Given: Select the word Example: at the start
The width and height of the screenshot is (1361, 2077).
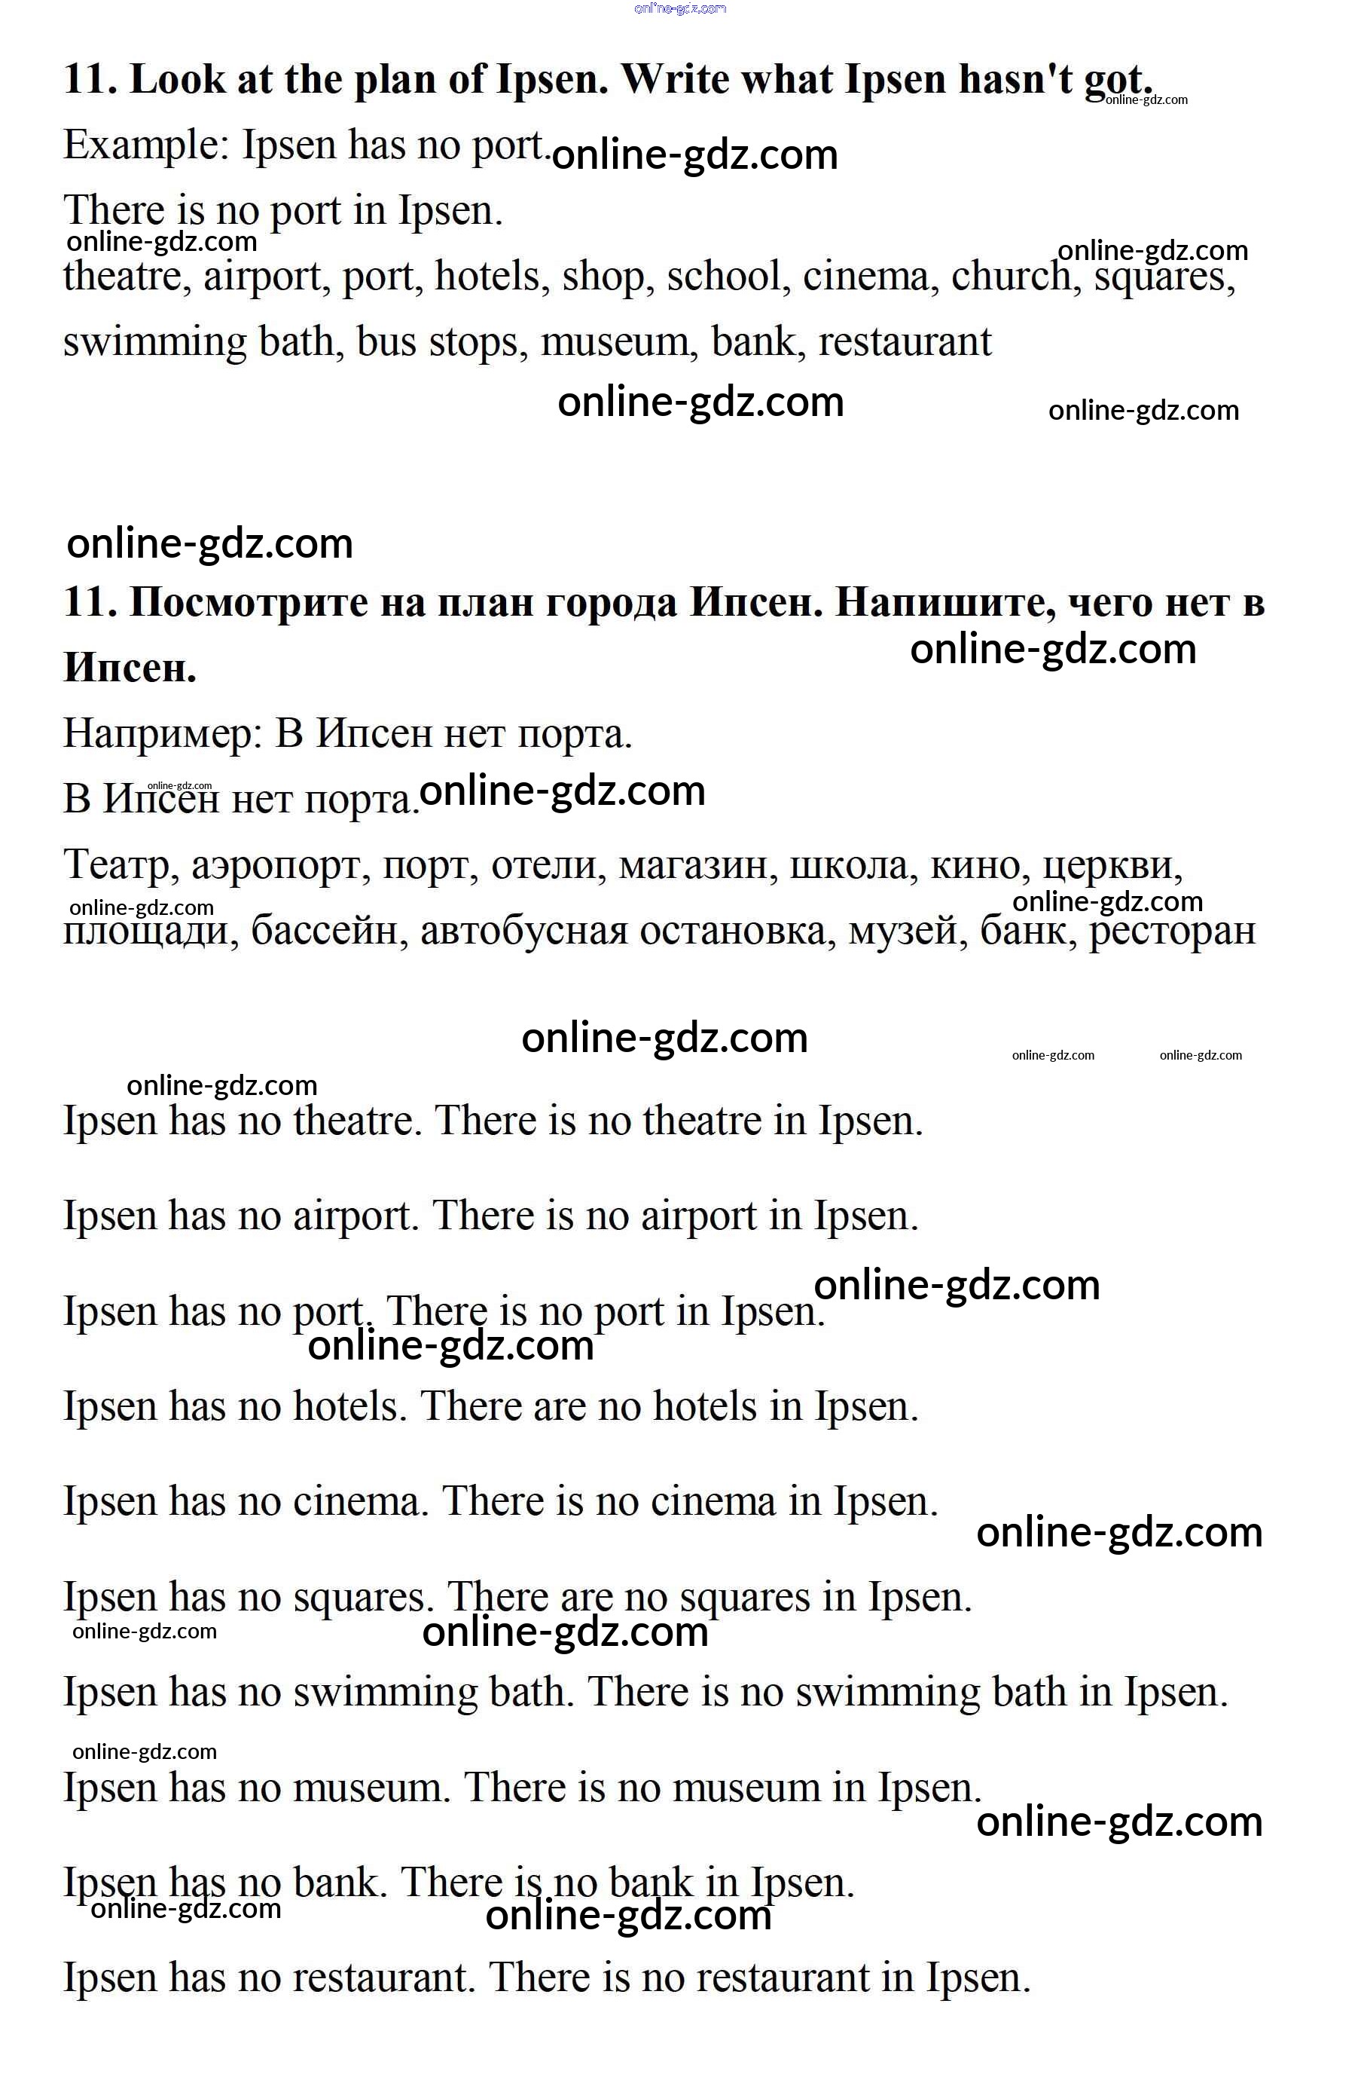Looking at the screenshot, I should click(145, 145).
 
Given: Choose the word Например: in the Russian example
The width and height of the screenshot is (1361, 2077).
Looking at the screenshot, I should click(163, 734).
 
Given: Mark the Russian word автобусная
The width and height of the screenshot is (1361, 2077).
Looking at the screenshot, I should click(523, 931).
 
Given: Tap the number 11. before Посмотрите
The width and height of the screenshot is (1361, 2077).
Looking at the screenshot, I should click(90, 603).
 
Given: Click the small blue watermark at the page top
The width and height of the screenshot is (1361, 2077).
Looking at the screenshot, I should click(681, 9).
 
